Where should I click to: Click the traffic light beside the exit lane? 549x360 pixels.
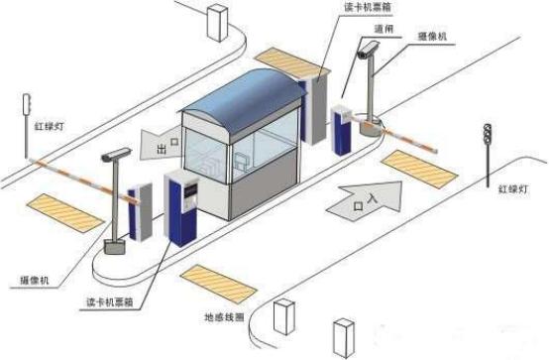click(x=27, y=102)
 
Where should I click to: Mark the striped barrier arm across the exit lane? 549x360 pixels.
click(x=79, y=173)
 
